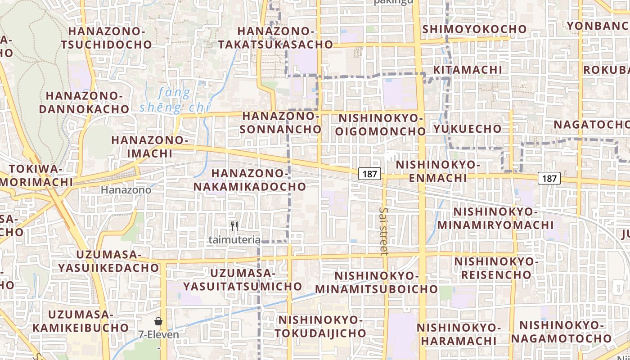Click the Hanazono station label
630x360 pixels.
(126, 190)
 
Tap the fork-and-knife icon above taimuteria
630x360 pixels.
(234, 226)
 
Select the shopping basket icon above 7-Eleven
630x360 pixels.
(158, 321)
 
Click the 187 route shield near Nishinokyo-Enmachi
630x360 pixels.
(370, 174)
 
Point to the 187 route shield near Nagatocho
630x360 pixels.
(549, 178)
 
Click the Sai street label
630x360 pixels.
(383, 231)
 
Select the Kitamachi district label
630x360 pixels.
(468, 70)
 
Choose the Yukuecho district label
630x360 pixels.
(468, 129)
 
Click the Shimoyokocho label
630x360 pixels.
(475, 29)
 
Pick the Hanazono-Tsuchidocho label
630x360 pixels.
(107, 38)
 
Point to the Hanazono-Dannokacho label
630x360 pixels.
(84, 103)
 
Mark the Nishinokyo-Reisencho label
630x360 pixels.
(496, 268)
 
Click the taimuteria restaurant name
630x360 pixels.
(234, 240)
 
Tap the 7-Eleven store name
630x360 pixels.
(158, 335)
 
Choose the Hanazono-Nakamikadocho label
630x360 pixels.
(250, 180)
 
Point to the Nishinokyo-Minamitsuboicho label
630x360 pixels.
(377, 282)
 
